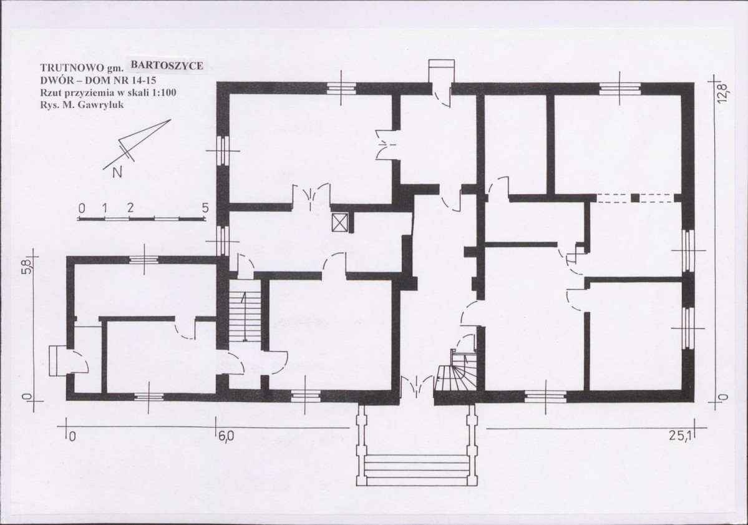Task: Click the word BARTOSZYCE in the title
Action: click(167, 66)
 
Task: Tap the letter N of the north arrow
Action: click(117, 173)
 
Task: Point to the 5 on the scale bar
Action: click(205, 208)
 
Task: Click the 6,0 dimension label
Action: click(226, 436)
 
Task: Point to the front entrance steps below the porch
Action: click(417, 470)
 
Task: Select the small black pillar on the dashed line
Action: click(634, 198)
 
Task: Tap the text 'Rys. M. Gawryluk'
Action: click(82, 104)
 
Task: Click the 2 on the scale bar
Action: click(130, 208)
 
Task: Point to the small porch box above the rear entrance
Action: click(442, 71)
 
